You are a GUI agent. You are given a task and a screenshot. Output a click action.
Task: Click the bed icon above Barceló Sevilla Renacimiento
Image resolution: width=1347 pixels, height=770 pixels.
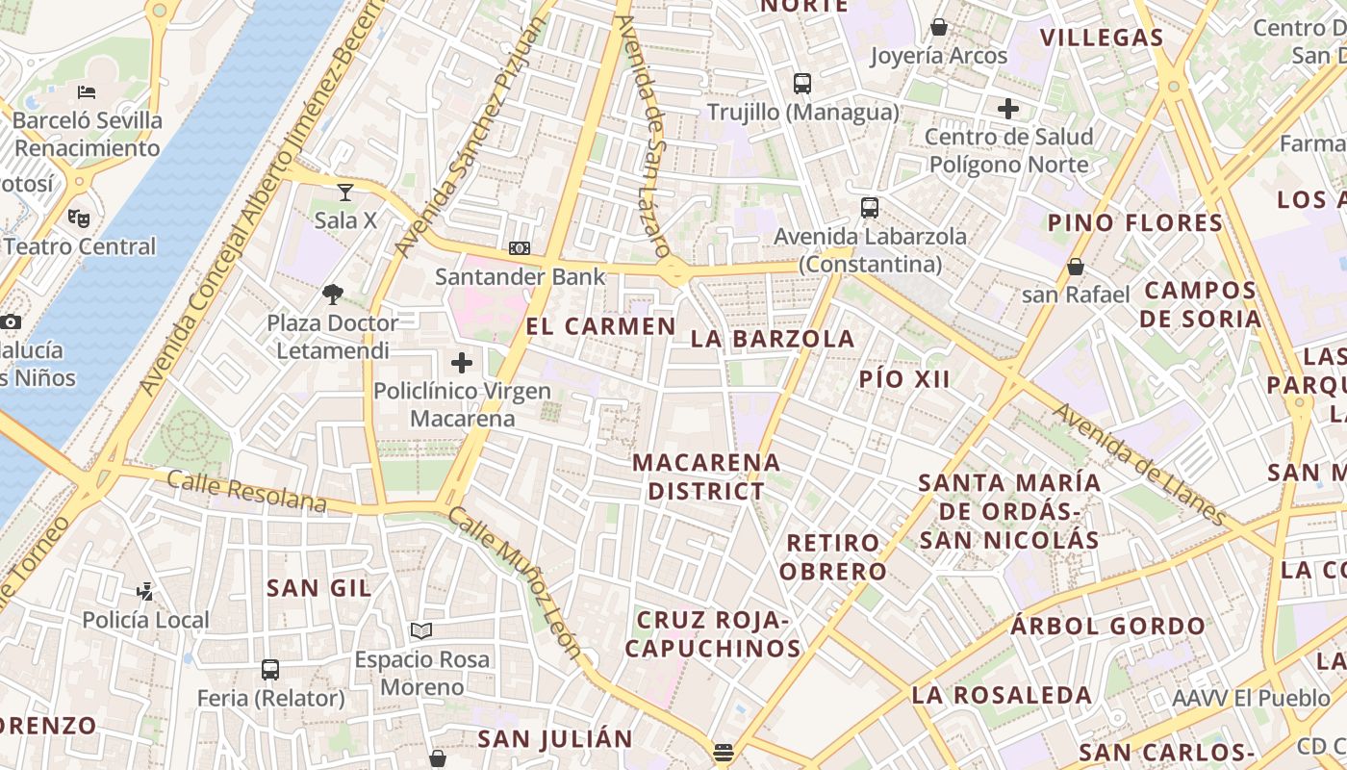87,93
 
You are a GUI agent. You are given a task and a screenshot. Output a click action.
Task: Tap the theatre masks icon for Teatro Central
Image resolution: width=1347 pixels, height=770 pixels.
79,218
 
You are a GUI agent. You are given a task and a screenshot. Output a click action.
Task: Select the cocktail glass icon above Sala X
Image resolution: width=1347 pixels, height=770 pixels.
345,192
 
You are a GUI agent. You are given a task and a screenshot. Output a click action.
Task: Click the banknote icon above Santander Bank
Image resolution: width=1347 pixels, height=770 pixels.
520,248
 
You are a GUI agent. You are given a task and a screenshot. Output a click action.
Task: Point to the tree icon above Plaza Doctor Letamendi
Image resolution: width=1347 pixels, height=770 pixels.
333,294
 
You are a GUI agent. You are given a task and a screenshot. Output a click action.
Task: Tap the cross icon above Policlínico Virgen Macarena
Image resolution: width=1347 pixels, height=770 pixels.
462,363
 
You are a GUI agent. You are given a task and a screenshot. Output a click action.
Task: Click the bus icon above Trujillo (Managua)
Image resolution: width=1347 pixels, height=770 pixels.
802,84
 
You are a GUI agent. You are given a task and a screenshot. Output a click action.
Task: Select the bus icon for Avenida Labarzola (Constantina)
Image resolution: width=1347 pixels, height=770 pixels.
870,208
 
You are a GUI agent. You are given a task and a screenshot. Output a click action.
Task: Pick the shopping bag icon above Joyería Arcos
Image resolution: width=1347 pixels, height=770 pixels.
938,27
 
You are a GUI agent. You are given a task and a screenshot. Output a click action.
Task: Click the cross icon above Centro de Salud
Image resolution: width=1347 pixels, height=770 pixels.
1008,109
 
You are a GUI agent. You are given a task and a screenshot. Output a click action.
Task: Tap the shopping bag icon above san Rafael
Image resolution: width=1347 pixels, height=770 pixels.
1076,266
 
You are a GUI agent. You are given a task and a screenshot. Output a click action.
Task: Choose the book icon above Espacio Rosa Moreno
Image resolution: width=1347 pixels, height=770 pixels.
421,631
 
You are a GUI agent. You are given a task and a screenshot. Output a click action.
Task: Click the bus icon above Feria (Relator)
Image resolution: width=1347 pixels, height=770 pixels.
270,670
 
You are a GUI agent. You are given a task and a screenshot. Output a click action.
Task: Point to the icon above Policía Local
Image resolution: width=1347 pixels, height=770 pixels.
144,591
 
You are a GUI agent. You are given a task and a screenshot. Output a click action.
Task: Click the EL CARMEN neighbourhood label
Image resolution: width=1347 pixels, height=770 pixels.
601,326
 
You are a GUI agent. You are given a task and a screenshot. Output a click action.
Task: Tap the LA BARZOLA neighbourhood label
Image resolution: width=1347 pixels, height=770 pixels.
773,339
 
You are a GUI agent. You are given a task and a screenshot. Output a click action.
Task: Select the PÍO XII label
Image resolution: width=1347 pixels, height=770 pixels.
904,379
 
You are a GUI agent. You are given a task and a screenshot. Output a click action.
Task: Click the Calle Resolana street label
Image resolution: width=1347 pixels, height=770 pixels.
247,491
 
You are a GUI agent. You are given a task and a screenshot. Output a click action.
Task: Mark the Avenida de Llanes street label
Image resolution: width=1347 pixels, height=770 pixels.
1140,465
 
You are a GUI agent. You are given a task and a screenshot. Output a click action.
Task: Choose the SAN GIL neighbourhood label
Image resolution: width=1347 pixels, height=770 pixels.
318,588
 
